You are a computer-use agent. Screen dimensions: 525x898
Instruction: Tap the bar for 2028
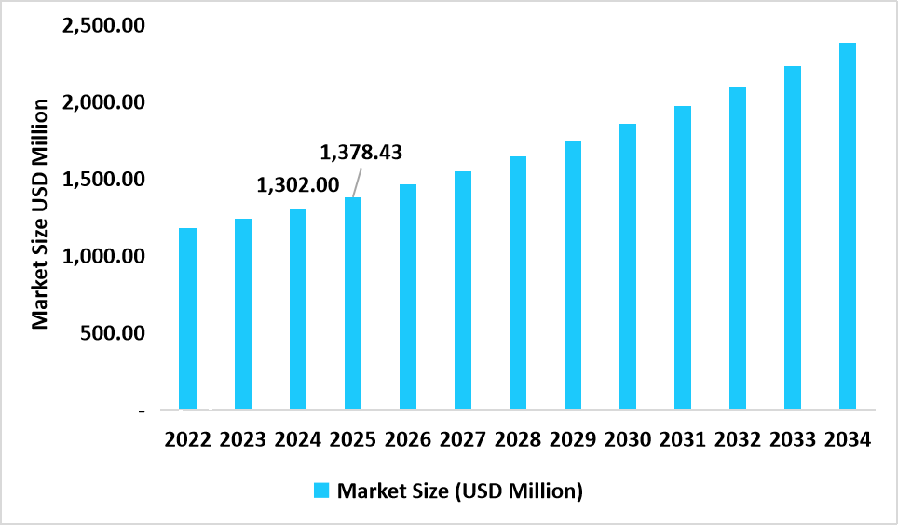pyautogui.click(x=518, y=283)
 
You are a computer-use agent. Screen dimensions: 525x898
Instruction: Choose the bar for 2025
pyautogui.click(x=353, y=303)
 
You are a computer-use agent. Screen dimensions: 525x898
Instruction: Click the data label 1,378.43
pyautogui.click(x=361, y=152)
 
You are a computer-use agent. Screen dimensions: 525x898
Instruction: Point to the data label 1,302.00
pyautogui.click(x=298, y=184)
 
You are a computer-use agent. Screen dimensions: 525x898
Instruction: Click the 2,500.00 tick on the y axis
pyautogui.click(x=103, y=25)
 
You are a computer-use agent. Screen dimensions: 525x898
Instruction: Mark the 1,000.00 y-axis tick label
pyautogui.click(x=103, y=256)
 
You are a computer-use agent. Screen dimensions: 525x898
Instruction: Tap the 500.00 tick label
pyautogui.click(x=112, y=333)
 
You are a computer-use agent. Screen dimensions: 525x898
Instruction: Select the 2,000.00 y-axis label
pyautogui.click(x=103, y=101)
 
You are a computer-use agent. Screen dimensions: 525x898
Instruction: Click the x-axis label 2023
pyautogui.click(x=243, y=439)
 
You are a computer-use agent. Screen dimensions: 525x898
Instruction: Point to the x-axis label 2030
pyautogui.click(x=628, y=439)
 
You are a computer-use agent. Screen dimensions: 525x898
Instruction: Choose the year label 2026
pyautogui.click(x=408, y=439)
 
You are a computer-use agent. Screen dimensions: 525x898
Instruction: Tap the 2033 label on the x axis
pyautogui.click(x=793, y=439)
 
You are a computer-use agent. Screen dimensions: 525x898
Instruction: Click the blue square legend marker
pyautogui.click(x=321, y=491)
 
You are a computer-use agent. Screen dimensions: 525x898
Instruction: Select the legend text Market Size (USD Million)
pyautogui.click(x=460, y=491)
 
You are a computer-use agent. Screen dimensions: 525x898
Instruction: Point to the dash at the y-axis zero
pyautogui.click(x=141, y=410)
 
